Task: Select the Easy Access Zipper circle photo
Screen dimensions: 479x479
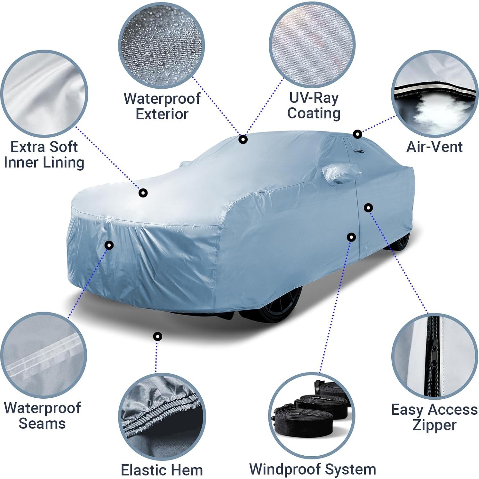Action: pos(435,356)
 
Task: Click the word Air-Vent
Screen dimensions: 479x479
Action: pos(434,147)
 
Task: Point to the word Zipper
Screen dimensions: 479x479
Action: pos(434,425)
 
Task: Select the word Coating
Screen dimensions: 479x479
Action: pos(314,113)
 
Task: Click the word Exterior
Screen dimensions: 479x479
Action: pos(162,114)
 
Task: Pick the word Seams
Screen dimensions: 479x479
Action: pos(42,423)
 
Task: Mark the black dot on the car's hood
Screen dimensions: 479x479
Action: pos(143,193)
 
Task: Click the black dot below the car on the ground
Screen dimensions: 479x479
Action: pos(157,336)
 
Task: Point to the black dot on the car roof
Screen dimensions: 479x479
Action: pos(243,140)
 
